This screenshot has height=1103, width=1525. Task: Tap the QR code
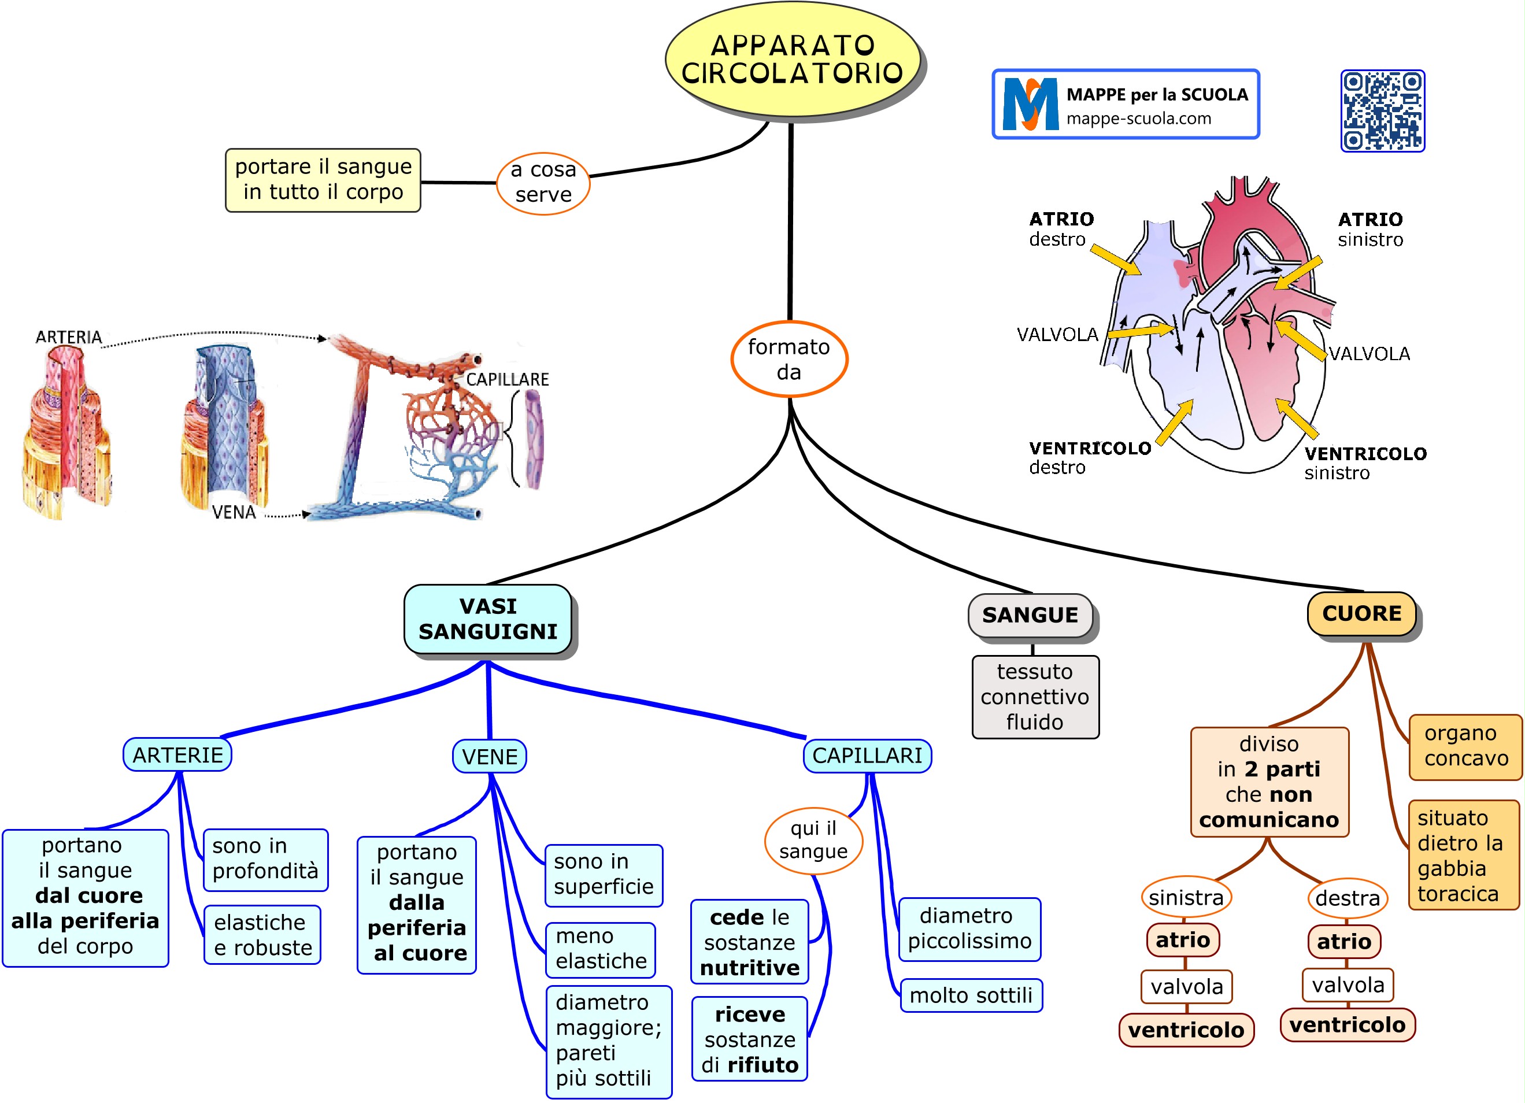coord(1382,111)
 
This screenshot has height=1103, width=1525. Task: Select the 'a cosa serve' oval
coord(543,182)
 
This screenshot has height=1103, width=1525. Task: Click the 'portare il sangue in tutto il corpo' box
coord(323,180)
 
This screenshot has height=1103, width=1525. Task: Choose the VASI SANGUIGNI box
coord(488,619)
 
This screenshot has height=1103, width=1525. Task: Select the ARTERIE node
coord(177,754)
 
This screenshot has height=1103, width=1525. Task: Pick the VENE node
coord(490,757)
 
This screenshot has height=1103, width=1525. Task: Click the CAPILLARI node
coord(867,756)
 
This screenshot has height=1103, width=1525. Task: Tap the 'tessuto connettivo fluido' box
coord(1035,697)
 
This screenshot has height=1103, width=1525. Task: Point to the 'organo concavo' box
coord(1465,746)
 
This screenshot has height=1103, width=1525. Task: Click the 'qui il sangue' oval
coord(813,840)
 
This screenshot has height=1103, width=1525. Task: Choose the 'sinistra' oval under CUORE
coord(1186,897)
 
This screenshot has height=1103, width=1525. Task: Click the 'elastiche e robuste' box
coord(263,935)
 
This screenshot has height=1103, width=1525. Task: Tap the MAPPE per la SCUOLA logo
coord(1125,104)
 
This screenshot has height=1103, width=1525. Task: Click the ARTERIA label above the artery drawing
coord(69,337)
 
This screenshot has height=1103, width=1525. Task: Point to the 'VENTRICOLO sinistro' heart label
coord(1365,462)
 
